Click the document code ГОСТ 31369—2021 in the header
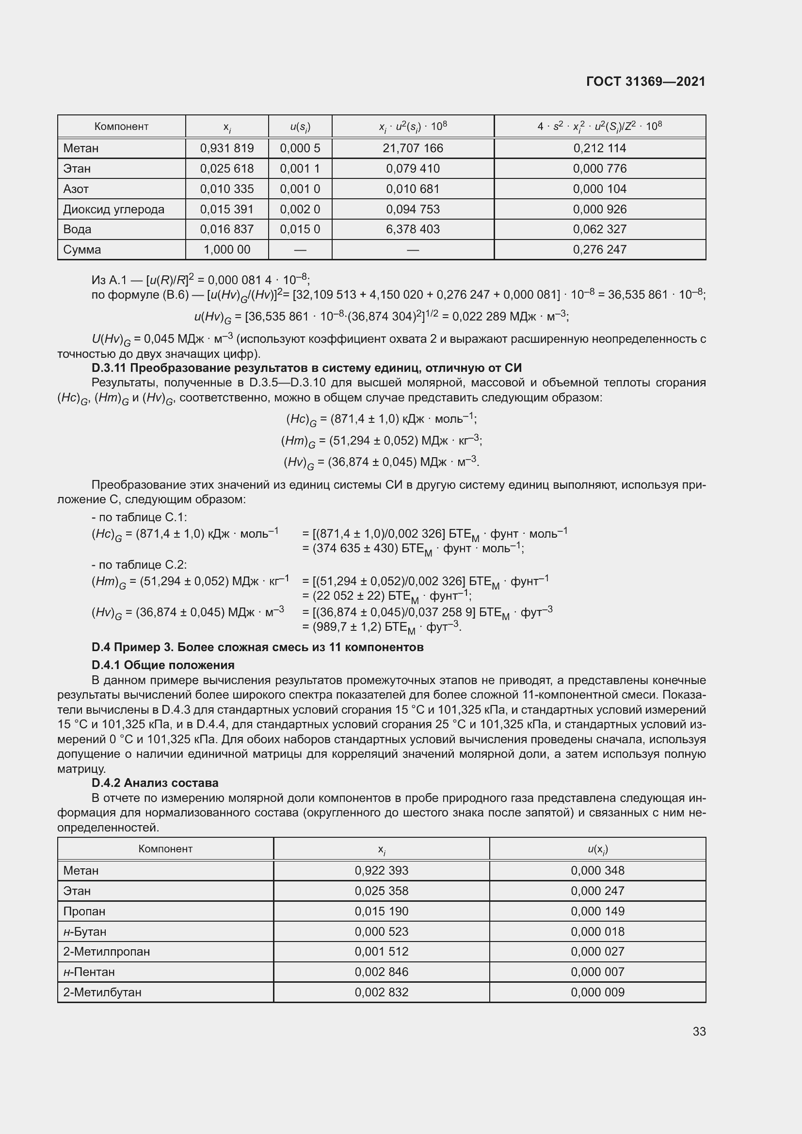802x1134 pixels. (x=645, y=81)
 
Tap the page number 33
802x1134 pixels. (x=699, y=1031)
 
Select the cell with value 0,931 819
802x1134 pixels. (x=226, y=148)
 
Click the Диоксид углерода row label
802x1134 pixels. (x=113, y=209)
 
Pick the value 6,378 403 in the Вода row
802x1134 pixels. (x=412, y=229)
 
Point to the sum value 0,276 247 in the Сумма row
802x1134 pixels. (x=599, y=249)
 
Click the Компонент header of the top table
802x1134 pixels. (x=121, y=127)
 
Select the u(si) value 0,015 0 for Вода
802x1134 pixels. (x=300, y=229)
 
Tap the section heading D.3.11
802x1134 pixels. (x=306, y=368)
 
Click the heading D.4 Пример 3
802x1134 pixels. (x=257, y=647)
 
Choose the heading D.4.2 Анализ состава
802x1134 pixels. (x=155, y=783)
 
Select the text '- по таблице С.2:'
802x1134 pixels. (x=139, y=564)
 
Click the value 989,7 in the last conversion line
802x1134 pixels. (x=331, y=627)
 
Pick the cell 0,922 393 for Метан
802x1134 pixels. (x=381, y=871)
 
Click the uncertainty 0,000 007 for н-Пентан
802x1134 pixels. (x=597, y=972)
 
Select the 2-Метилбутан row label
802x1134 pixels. (x=102, y=992)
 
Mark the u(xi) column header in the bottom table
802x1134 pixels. (x=597, y=849)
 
